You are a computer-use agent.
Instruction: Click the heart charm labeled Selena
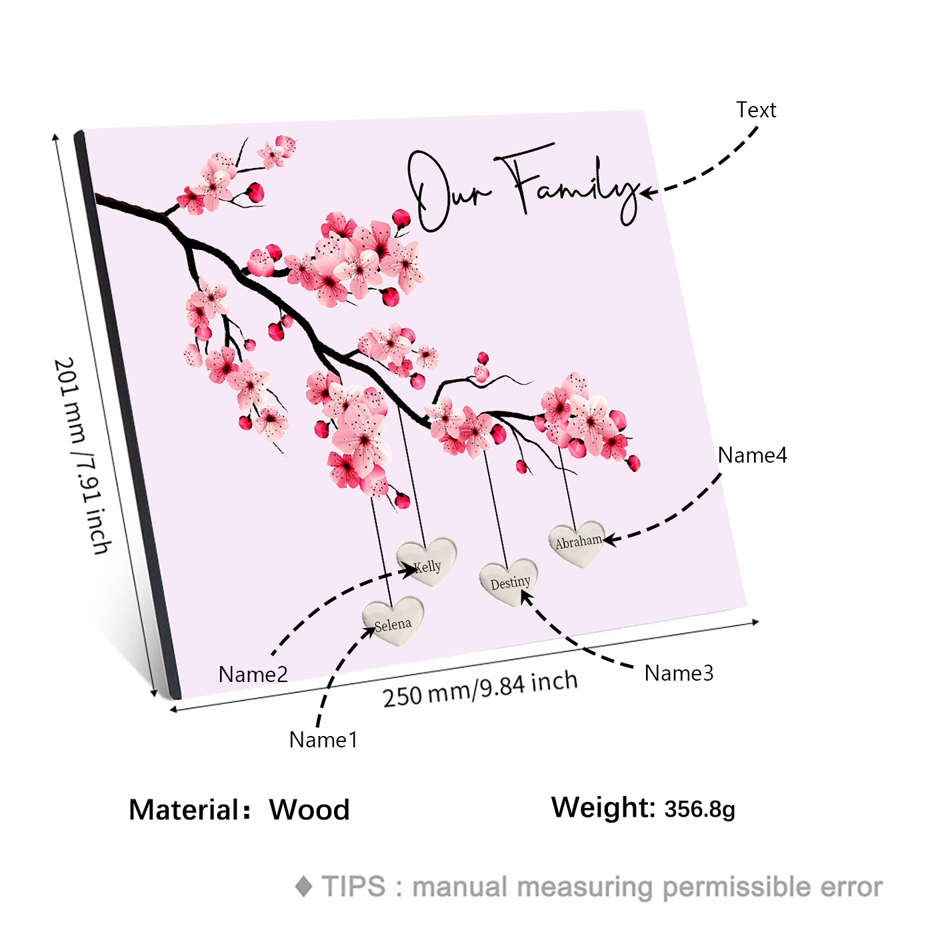(x=393, y=621)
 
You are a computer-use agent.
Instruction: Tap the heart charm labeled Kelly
(x=427, y=561)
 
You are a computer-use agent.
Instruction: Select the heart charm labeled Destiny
(x=509, y=581)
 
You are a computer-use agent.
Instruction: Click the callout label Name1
(x=323, y=740)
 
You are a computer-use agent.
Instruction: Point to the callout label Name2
(x=253, y=675)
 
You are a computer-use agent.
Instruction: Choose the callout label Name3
(x=679, y=673)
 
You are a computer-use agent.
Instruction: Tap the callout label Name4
(x=753, y=455)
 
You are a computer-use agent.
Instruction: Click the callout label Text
(x=756, y=110)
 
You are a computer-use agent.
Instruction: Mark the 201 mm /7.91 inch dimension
(x=82, y=456)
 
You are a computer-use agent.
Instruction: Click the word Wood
(x=309, y=810)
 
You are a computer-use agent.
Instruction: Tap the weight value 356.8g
(x=700, y=809)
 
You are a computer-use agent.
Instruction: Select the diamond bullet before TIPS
(x=304, y=887)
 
